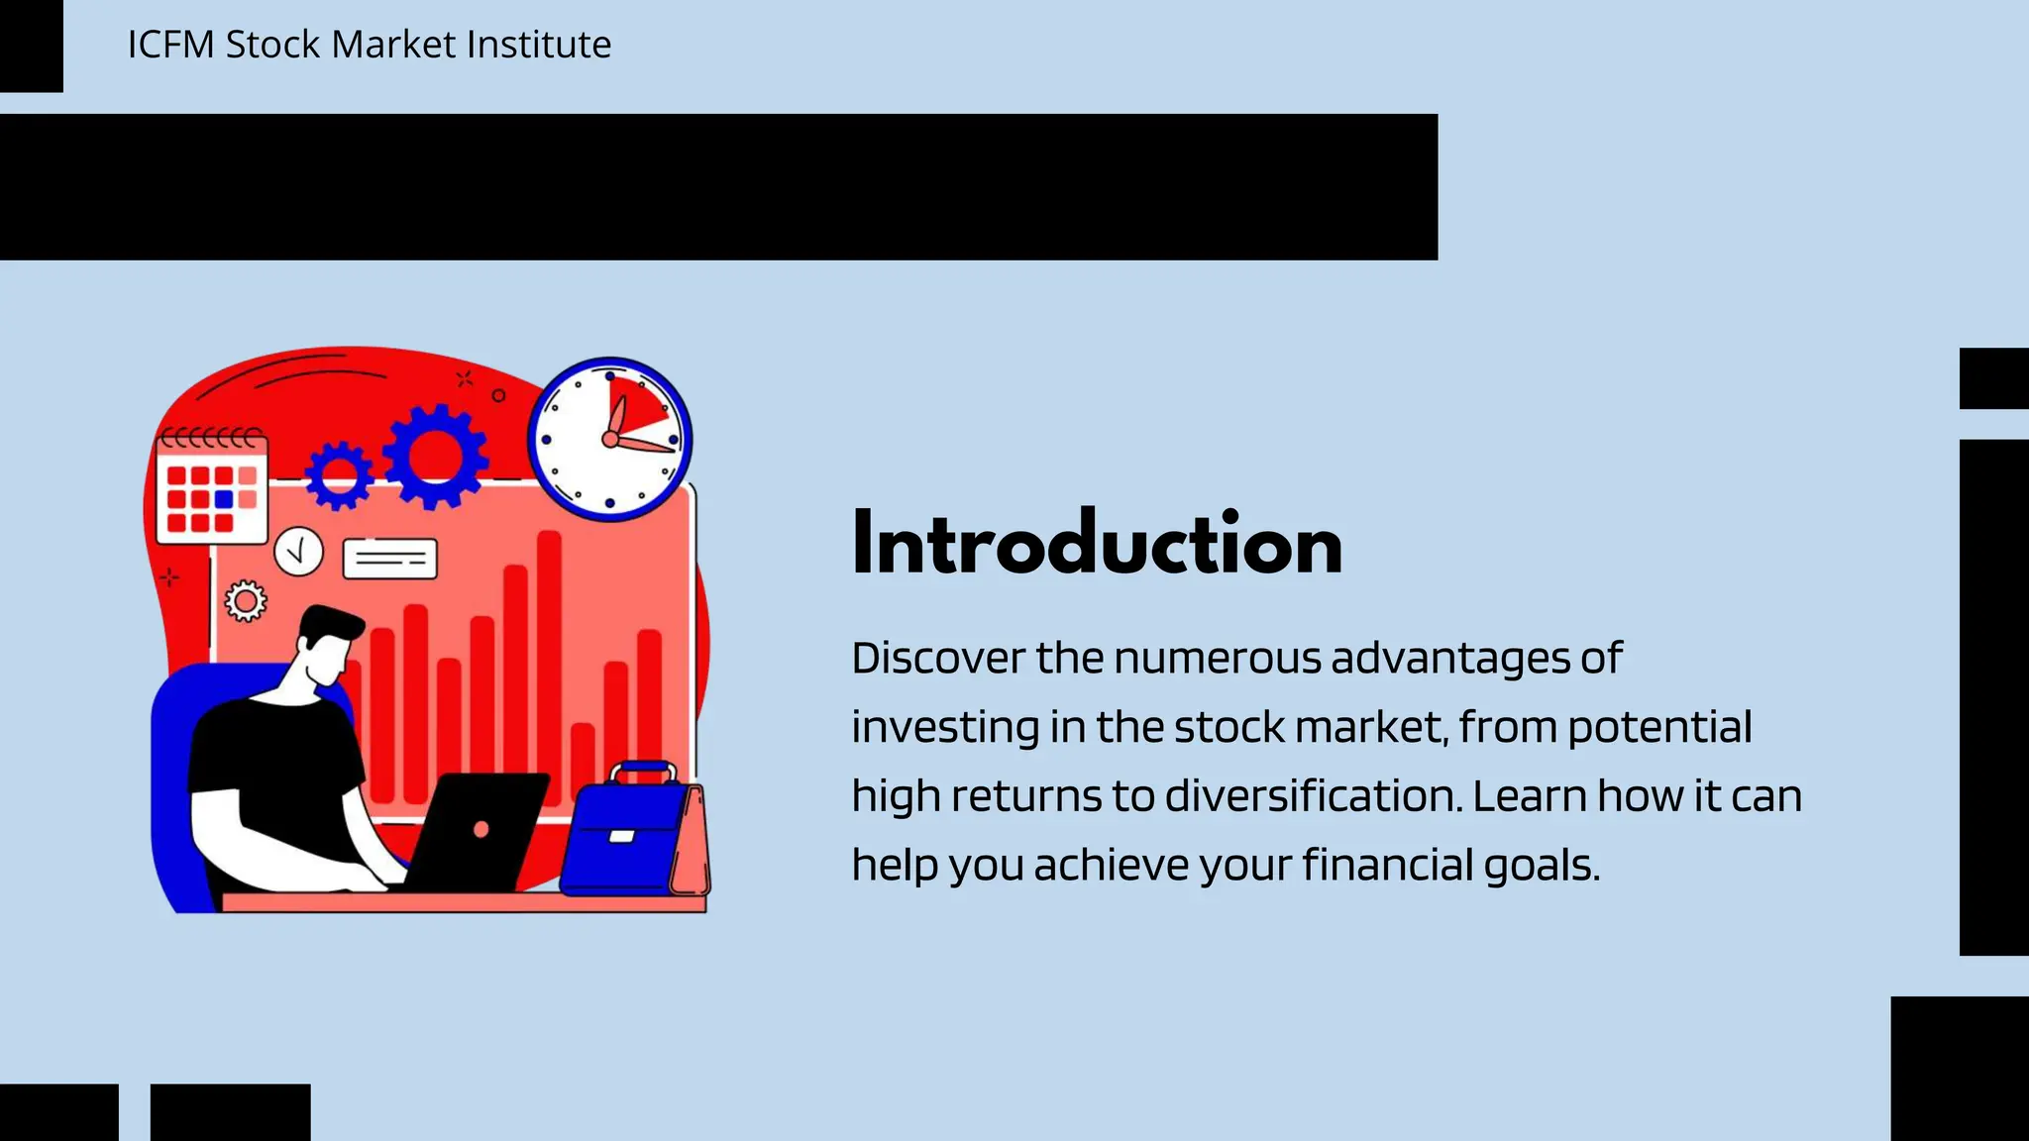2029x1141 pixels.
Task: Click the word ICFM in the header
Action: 168,45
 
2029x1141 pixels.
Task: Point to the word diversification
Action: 1313,796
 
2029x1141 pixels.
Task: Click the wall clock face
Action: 608,439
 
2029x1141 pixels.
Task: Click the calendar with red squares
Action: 211,488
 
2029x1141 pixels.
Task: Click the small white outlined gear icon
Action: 246,601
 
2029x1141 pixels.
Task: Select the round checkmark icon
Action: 298,552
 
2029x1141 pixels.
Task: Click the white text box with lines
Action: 389,559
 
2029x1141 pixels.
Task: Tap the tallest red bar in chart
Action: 549,664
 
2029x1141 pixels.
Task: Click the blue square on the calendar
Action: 224,499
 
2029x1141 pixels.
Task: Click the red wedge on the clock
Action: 635,406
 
